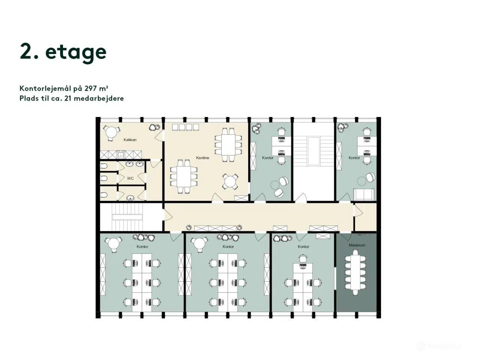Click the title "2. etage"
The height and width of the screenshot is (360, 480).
(63, 52)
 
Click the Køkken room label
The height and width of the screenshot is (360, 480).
(130, 140)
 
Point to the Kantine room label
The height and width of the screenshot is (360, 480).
(202, 158)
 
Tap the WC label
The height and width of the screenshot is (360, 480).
(130, 178)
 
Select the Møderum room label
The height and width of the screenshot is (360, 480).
(357, 245)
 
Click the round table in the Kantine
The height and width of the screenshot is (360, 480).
(230, 182)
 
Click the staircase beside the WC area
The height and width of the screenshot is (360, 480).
(128, 217)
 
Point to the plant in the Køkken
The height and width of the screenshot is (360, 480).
(153, 127)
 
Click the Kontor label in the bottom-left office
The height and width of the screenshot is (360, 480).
(142, 247)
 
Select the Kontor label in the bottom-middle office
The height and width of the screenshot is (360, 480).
(228, 247)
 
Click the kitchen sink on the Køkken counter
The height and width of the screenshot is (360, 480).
(121, 154)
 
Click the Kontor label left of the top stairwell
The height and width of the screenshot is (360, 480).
(268, 158)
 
